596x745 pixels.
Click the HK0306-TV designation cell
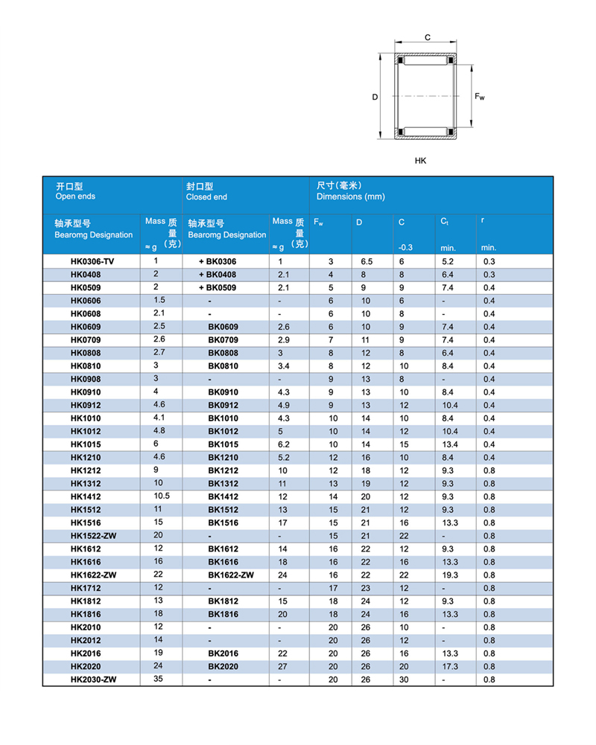click(93, 262)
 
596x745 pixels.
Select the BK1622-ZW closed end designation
click(231, 575)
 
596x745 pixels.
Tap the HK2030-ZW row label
click(93, 680)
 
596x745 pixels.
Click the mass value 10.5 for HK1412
click(162, 496)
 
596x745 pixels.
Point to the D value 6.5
click(367, 262)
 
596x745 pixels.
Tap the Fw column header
click(319, 223)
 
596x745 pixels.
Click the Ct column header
click(445, 223)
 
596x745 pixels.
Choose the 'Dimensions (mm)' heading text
click(351, 197)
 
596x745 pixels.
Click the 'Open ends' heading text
click(75, 197)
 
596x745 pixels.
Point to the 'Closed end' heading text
click(206, 197)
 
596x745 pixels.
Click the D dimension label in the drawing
click(375, 97)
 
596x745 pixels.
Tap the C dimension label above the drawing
click(428, 37)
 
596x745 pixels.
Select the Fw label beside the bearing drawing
click(480, 96)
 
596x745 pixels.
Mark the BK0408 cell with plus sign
click(218, 275)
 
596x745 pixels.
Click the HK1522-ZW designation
click(93, 536)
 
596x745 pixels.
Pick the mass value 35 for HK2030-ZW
click(158, 679)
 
